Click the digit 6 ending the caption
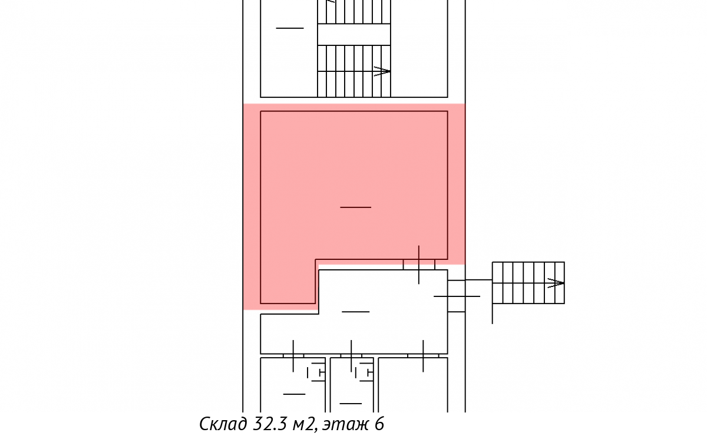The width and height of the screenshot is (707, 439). click(x=379, y=424)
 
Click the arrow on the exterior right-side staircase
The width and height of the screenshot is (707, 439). click(x=556, y=283)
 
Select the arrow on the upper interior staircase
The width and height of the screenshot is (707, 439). click(x=382, y=71)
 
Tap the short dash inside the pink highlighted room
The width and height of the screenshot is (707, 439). click(x=355, y=207)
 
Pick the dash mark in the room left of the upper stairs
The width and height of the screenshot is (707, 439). click(x=290, y=28)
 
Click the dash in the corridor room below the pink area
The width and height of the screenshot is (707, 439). click(x=355, y=312)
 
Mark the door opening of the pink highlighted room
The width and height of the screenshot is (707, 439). click(x=419, y=265)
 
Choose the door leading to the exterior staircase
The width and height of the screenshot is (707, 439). click(x=457, y=296)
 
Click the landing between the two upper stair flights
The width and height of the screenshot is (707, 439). click(x=354, y=34)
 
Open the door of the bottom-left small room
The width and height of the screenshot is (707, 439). click(x=293, y=356)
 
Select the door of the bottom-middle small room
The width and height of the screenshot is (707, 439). click(x=351, y=356)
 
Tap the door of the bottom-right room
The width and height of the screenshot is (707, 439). click(x=423, y=356)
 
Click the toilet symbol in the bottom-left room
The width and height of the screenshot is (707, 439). click(x=316, y=373)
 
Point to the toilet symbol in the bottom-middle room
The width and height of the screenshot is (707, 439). click(x=364, y=373)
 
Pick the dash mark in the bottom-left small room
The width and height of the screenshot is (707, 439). click(x=294, y=394)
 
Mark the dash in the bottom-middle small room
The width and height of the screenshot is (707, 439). click(x=351, y=404)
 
